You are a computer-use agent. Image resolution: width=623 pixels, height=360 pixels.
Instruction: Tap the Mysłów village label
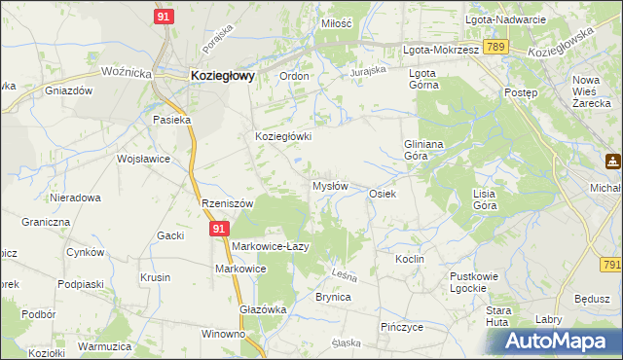330,185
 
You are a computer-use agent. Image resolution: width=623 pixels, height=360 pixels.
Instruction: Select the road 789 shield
496,47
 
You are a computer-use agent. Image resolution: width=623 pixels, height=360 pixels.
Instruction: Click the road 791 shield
611,265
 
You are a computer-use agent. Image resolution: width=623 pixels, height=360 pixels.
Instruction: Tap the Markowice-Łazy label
270,246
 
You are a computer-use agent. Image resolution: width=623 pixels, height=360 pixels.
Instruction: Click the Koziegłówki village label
283,137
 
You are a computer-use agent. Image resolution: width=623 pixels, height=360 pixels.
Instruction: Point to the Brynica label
333,297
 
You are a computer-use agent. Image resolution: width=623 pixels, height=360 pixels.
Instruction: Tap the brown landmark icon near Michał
613,162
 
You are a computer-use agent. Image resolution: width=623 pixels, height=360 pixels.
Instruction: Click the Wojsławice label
144,159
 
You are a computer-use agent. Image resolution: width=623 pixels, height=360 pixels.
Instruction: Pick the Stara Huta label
498,315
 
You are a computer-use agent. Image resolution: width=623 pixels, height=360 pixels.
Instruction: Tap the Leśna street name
344,273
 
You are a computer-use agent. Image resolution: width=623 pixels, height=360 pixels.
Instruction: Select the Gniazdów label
68,90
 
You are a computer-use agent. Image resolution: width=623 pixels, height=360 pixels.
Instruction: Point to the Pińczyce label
402,327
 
